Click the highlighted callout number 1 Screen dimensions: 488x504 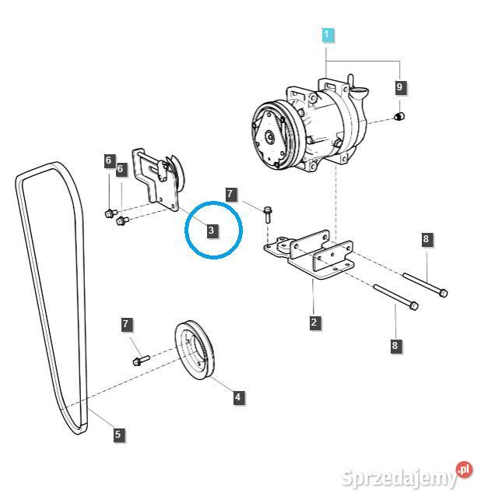pos(327,34)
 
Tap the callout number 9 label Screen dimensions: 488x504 pos(400,86)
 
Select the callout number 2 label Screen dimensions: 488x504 pos(314,322)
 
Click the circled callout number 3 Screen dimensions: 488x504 pos(211,230)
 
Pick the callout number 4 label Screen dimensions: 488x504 pos(237,397)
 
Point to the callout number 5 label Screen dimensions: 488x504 pos(118,435)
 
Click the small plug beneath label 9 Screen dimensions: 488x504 pos(399,116)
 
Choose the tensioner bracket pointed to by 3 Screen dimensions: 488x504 pos(157,181)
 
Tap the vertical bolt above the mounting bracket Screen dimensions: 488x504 pos(267,214)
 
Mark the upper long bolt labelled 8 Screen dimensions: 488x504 pos(425,284)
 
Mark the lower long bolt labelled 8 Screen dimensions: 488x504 pos(396,297)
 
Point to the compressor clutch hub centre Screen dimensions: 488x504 pos(269,138)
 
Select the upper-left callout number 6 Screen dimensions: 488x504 pos(109,160)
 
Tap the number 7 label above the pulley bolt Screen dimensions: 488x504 pos(126,324)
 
